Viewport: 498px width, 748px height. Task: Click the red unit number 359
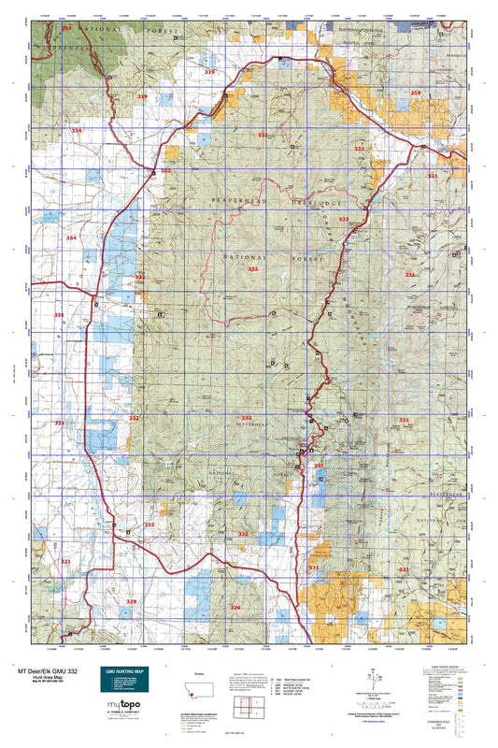[x=416, y=93]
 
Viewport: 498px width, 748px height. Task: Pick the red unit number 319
[x=209, y=72]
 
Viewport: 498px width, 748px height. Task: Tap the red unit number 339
[x=142, y=96]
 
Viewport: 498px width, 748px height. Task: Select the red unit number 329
[x=131, y=601]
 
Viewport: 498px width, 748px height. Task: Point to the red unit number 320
[x=235, y=608]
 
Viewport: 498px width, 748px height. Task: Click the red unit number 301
[x=319, y=465]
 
